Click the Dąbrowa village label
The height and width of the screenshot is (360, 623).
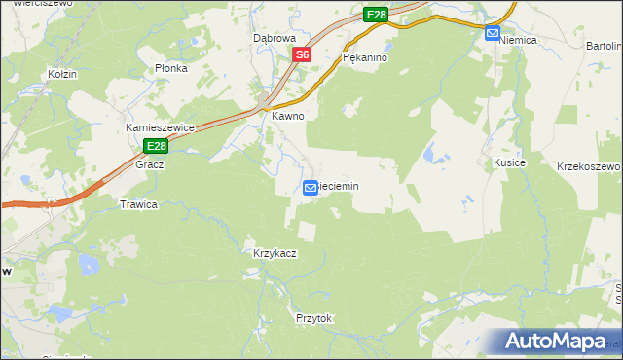274,38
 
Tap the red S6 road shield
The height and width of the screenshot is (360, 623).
303,55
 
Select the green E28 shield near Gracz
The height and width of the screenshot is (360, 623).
157,146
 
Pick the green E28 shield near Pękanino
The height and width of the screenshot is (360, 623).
377,15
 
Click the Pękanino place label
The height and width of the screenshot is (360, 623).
366,58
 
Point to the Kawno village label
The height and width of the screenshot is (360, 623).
288,116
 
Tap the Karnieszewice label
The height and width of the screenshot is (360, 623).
162,127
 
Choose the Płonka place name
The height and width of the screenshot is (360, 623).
171,69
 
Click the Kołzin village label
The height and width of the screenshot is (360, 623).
62,74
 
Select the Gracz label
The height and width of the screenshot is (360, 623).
150,164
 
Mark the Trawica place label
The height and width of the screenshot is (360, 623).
138,205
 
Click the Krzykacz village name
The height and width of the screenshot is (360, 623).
275,253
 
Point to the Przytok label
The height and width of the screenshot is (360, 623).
313,318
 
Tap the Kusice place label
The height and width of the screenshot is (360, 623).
509,162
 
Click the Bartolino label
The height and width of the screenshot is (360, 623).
604,46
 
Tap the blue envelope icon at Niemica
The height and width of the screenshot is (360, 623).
493,33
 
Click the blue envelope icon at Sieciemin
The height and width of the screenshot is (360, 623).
311,187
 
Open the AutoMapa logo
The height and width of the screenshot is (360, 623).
558,342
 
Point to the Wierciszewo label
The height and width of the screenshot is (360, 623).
29,4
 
